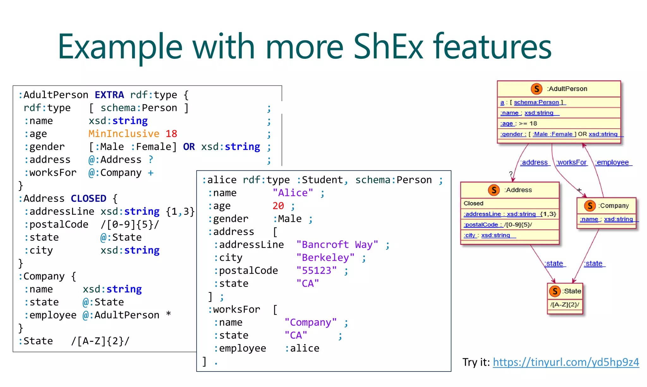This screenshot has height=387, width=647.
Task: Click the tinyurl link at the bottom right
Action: coord(566,362)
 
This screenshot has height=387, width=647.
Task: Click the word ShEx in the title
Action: coord(388,47)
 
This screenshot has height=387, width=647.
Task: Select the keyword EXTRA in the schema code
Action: coord(109,95)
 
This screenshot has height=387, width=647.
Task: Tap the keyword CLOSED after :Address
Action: coord(88,199)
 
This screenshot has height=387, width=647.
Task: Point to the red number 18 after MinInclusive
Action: coord(171,134)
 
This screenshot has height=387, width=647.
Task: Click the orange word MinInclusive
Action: coord(124,134)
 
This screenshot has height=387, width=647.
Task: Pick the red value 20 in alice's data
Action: coord(278,206)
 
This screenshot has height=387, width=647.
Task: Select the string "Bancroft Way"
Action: coord(337,245)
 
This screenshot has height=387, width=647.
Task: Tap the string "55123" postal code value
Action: coord(317,271)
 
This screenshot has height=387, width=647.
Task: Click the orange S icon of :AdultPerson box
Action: coord(536,89)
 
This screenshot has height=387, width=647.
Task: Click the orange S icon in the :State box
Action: coord(555,291)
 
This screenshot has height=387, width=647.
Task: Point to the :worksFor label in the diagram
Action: coord(571,163)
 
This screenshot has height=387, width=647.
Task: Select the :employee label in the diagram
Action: coord(612,163)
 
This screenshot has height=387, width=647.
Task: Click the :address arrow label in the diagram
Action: coord(534,163)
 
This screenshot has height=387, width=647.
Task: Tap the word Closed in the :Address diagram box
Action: coord(473,203)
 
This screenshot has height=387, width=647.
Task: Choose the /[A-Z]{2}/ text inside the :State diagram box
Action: coord(565,305)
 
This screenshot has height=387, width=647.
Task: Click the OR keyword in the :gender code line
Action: coord(189,147)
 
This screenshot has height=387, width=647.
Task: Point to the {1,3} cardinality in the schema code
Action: coord(180,212)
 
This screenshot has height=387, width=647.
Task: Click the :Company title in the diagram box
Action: coord(614,206)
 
